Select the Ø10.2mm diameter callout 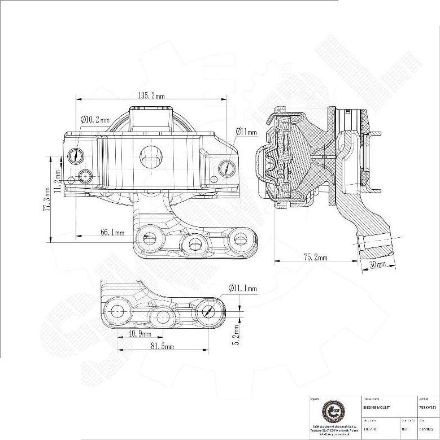[x=95, y=120]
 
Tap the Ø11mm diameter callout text [x=246, y=132]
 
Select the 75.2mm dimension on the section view [x=315, y=258]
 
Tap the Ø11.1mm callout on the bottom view [x=243, y=288]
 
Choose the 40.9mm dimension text [x=136, y=334]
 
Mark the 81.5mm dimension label [x=161, y=346]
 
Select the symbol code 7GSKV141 [x=428, y=407]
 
